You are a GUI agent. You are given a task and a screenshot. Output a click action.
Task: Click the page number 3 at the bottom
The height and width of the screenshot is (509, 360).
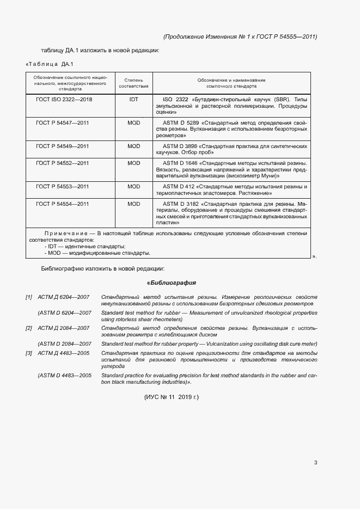click(x=315, y=463)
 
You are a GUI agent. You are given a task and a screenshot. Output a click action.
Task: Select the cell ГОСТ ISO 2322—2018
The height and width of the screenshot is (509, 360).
click(x=64, y=100)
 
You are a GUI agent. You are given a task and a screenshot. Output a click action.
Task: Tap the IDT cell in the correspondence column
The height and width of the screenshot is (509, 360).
click(x=134, y=100)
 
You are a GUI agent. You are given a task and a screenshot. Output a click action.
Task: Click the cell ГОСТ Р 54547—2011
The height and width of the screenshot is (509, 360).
click(x=62, y=123)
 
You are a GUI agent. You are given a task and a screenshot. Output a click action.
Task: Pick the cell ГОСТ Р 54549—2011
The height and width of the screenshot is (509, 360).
click(x=62, y=146)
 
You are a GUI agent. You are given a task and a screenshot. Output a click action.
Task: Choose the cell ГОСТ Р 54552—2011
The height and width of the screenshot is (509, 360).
click(x=62, y=163)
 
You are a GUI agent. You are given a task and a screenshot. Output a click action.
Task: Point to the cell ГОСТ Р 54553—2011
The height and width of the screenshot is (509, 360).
click(x=62, y=186)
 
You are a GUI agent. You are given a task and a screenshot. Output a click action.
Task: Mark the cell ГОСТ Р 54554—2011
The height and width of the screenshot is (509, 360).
click(x=62, y=204)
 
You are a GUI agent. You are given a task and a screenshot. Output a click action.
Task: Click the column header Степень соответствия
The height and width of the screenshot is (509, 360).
click(x=134, y=83)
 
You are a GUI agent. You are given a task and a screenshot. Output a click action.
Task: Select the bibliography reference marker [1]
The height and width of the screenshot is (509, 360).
click(x=29, y=297)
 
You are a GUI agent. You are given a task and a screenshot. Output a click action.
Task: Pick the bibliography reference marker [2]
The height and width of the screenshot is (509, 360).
click(x=29, y=328)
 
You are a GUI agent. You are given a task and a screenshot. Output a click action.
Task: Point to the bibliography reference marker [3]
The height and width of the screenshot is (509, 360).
click(x=29, y=353)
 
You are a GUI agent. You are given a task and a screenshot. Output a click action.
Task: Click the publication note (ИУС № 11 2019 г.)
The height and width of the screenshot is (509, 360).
click(x=172, y=397)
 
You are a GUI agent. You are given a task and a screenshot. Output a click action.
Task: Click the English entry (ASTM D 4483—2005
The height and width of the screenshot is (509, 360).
click(x=64, y=376)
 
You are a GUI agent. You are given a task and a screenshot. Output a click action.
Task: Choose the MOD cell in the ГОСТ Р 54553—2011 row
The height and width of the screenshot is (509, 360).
click(x=134, y=186)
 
